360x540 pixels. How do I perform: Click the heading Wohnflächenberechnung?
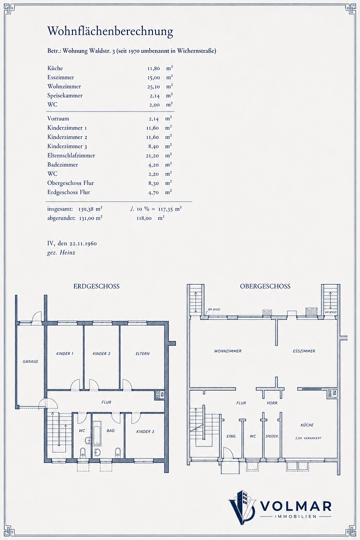point(110,31)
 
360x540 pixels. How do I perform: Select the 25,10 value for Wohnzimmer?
point(153,86)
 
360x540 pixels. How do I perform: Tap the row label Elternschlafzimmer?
point(71,155)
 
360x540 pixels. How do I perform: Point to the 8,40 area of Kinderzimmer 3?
point(153,146)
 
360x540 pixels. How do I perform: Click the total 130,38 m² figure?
point(90,208)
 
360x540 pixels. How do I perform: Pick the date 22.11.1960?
point(83,243)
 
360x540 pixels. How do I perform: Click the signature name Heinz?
point(67,252)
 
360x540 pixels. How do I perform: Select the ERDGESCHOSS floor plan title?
point(96,286)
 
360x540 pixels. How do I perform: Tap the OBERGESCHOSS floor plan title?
point(265,286)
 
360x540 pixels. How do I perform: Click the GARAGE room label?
point(30,361)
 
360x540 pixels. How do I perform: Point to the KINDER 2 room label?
point(101,353)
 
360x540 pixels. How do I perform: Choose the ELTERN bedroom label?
point(142,353)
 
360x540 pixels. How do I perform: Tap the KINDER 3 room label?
point(145,431)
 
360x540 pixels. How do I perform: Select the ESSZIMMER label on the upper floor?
point(304,351)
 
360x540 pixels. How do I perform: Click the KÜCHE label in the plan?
point(307,425)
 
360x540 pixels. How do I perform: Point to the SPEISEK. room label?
point(272,436)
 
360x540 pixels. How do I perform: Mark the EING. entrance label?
point(231,436)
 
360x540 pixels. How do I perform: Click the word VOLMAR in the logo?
point(295,506)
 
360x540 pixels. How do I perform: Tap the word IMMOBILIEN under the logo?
point(295,516)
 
